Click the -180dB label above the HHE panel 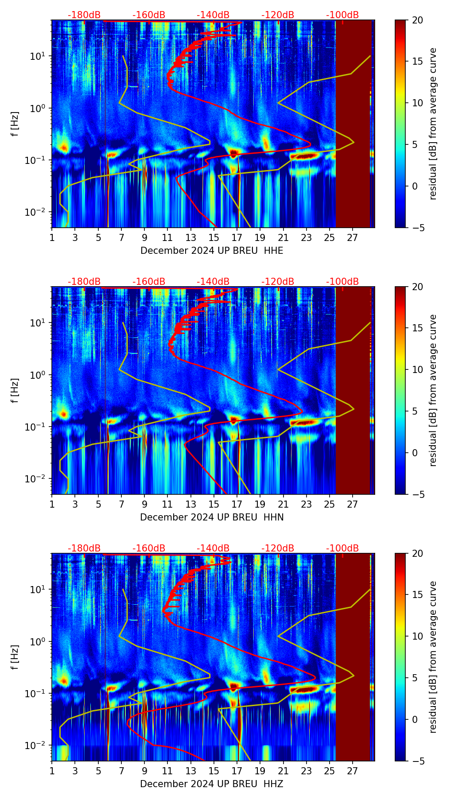click(x=84, y=15)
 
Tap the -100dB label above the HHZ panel click(x=342, y=548)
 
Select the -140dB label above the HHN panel click(x=213, y=282)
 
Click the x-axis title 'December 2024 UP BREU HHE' click(x=212, y=251)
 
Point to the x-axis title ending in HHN click(x=212, y=517)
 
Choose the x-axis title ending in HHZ click(x=212, y=784)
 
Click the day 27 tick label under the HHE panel click(x=352, y=237)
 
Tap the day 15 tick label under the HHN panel click(x=214, y=504)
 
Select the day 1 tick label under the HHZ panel click(x=52, y=771)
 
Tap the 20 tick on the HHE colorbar click(x=417, y=20)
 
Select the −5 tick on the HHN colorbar click(x=417, y=494)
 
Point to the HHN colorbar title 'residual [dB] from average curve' click(x=433, y=390)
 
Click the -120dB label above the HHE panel click(x=278, y=15)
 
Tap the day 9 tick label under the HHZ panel click(x=144, y=771)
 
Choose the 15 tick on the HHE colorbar click(x=417, y=62)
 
